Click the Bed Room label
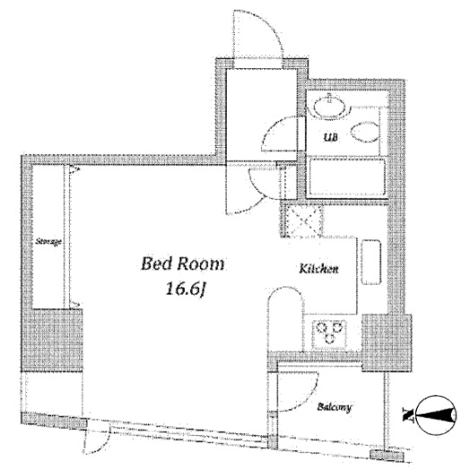(183, 264)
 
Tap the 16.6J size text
(186, 289)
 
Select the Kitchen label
(318, 269)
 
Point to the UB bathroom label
(331, 137)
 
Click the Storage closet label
(48, 241)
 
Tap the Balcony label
(334, 407)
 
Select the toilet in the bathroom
(365, 132)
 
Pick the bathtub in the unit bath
(347, 178)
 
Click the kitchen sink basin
(371, 262)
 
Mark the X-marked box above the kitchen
(302, 221)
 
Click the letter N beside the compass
(408, 415)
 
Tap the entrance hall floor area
(261, 114)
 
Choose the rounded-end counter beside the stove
(284, 319)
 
